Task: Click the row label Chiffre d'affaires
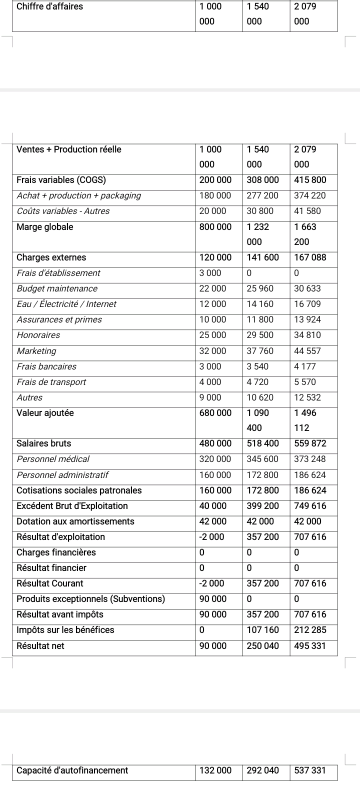pyautogui.click(x=50, y=7)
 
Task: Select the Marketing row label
pyautogui.click(x=36, y=351)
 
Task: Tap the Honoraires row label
pyautogui.click(x=38, y=335)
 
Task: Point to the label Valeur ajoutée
pyautogui.click(x=45, y=413)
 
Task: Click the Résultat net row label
pyautogui.click(x=40, y=646)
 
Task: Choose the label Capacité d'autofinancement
pyautogui.click(x=72, y=770)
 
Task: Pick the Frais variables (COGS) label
pyautogui.click(x=61, y=180)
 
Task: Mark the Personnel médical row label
pyautogui.click(x=53, y=459)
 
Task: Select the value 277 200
pyautogui.click(x=263, y=195)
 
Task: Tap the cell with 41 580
pyautogui.click(x=307, y=211)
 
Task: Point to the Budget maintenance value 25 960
pyautogui.click(x=260, y=288)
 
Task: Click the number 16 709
pyautogui.click(x=307, y=304)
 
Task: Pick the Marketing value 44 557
pyautogui.click(x=307, y=351)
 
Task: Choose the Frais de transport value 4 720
pyautogui.click(x=258, y=382)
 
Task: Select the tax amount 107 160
pyautogui.click(x=263, y=630)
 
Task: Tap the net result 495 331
pyautogui.click(x=310, y=646)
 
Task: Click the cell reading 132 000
pyautogui.click(x=215, y=770)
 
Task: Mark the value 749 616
pyautogui.click(x=310, y=506)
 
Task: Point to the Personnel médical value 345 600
pyautogui.click(x=263, y=459)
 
